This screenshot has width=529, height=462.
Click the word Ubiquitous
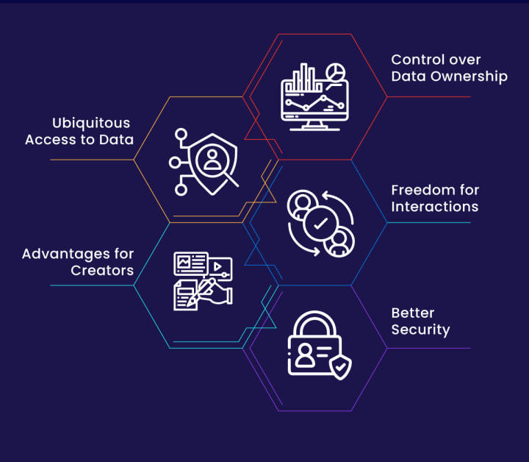[x=90, y=123]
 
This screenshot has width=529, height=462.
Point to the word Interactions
[x=434, y=207]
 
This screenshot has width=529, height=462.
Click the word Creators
[x=102, y=271]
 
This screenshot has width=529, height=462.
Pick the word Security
[x=420, y=330]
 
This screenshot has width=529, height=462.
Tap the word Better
[x=413, y=313]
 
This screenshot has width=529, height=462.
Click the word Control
[x=415, y=60]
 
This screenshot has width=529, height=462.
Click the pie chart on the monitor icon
[x=337, y=72]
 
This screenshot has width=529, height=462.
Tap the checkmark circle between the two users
[x=320, y=224]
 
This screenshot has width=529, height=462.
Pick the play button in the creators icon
[x=218, y=266]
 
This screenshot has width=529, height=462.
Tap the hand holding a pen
[x=215, y=293]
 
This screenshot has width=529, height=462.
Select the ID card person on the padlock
[x=303, y=358]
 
